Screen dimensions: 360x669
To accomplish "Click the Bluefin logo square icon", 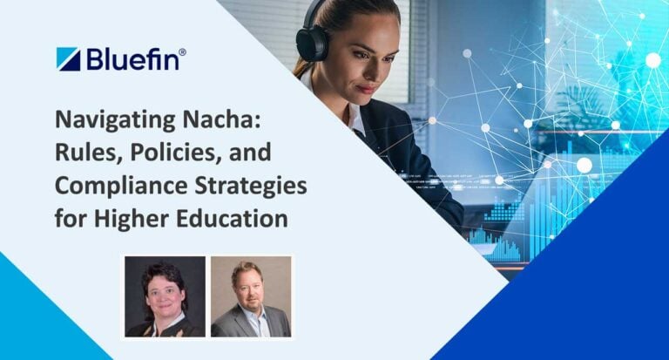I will coord(68,59).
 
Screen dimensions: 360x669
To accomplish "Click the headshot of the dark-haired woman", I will coord(165,296).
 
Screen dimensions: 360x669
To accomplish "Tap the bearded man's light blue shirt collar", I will coord(253,319).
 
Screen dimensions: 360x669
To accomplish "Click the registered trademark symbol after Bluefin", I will coord(182,53).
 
